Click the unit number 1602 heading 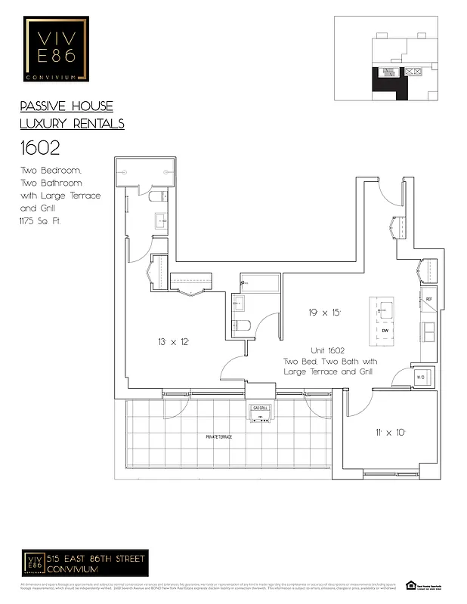(42, 149)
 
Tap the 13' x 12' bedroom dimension (173, 342)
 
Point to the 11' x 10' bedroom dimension (390, 432)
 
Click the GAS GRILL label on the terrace (261, 408)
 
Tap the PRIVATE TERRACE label (219, 437)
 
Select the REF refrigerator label (428, 299)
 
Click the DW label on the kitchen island (385, 331)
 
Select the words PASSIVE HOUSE (66, 106)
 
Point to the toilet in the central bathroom (241, 325)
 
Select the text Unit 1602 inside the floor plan (327, 351)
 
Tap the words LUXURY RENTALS (72, 124)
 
